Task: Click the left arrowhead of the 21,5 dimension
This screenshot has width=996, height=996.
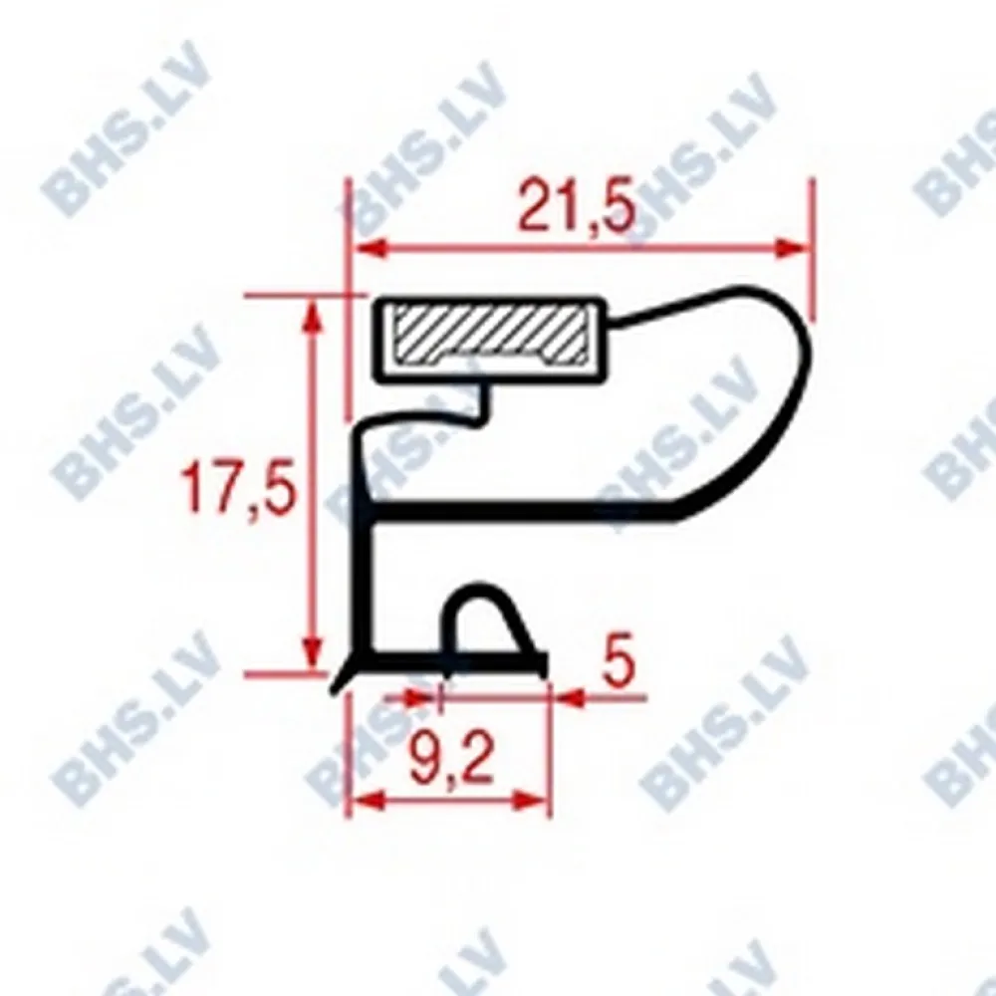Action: pos(369,249)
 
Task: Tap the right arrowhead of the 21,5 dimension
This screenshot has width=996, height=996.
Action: pos(791,249)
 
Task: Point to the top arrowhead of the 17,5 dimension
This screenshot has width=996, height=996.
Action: pos(313,317)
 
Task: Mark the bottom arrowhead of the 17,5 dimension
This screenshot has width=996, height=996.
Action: pos(313,657)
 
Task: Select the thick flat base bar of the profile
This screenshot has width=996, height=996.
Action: pos(448,659)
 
